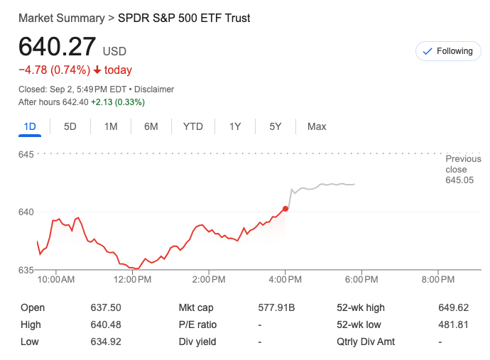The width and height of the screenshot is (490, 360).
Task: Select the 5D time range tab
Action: pos(70,126)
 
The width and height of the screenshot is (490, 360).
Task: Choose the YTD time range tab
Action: pos(192,126)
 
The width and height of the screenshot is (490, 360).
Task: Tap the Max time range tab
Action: pos(317,126)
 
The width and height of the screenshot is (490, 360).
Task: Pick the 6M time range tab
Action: pos(151,126)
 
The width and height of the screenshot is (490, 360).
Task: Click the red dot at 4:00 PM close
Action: pos(285,209)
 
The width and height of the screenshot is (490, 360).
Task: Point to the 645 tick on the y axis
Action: pos(27,154)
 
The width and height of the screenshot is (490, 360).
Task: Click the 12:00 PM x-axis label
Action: pos(133,280)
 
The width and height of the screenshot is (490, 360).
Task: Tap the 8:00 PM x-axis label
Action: pos(437,280)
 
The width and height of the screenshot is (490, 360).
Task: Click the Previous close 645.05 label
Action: pos(456,170)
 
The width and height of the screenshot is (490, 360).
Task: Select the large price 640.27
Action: pos(57,47)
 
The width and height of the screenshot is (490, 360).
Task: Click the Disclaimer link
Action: pos(154,89)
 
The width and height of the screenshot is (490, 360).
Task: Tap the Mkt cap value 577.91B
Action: pos(276,307)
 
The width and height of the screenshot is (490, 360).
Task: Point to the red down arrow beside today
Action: pos(97,70)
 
